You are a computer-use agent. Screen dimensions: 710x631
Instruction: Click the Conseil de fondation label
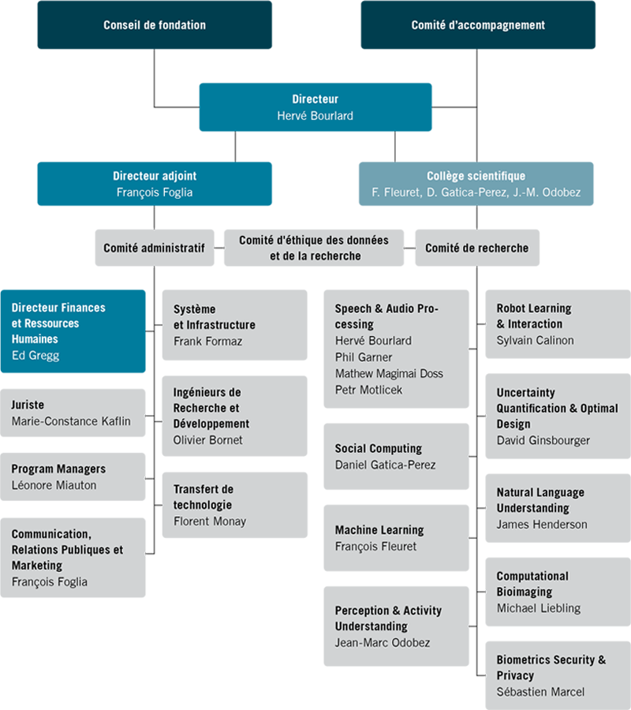[x=155, y=25]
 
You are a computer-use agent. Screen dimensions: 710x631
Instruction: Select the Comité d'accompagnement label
[x=478, y=25]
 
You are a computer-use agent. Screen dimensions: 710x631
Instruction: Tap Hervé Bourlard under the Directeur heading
[x=315, y=116]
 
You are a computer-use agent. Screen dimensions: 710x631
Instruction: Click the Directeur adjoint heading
[x=155, y=176]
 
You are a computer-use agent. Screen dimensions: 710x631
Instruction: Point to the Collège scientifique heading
[x=476, y=176]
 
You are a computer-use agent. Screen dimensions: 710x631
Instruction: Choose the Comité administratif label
[x=154, y=248]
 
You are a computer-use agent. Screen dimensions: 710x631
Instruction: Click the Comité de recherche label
[x=476, y=248]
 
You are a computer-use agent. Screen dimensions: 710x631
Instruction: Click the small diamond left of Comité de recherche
[x=409, y=248]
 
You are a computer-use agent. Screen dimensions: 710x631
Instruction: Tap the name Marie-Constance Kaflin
[x=71, y=420]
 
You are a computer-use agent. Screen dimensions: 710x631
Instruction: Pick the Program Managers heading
[x=58, y=469]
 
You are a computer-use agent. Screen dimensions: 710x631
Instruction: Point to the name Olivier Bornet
[x=208, y=439]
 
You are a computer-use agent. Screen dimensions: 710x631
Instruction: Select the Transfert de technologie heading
[x=203, y=497]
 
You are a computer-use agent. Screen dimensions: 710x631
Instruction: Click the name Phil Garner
[x=364, y=357]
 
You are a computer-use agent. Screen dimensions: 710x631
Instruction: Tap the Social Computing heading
[x=379, y=448]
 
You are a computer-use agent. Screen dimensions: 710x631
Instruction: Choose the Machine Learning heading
[x=379, y=530]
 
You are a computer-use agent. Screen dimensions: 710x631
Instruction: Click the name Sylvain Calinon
[x=536, y=340]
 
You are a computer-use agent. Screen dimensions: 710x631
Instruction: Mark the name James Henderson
[x=542, y=524]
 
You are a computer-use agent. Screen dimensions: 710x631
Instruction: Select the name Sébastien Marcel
[x=541, y=692]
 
